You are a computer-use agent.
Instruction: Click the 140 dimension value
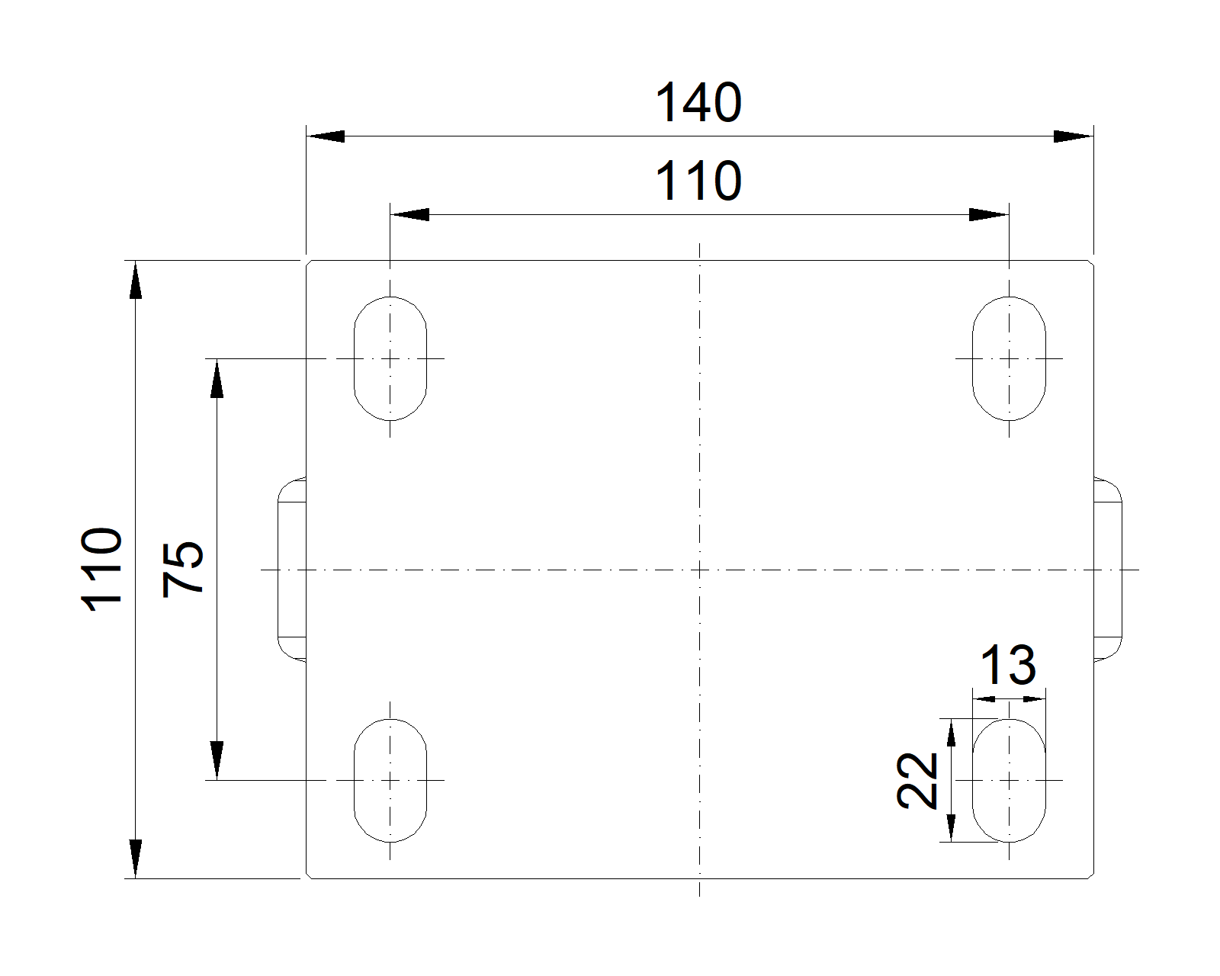[698, 103]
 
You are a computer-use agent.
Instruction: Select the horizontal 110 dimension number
[698, 181]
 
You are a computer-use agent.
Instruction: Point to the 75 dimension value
[182, 570]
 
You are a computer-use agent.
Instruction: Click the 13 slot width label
[1009, 665]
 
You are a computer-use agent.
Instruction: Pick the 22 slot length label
[917, 780]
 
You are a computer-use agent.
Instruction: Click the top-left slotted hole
[390, 358]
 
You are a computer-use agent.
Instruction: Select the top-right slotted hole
[1009, 358]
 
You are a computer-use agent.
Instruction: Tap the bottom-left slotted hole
[390, 780]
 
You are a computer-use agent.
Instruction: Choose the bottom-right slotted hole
[1009, 780]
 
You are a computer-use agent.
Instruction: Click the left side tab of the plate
[292, 570]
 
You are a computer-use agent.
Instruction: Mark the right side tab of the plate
[1108, 570]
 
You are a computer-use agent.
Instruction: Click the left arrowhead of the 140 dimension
[326, 136]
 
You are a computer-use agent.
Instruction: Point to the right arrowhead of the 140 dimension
[1074, 136]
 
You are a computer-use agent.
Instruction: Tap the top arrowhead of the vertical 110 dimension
[135, 280]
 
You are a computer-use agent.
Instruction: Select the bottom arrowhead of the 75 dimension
[217, 760]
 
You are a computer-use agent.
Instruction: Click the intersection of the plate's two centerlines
[699, 570]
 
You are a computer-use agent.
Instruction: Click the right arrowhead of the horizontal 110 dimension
[989, 215]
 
